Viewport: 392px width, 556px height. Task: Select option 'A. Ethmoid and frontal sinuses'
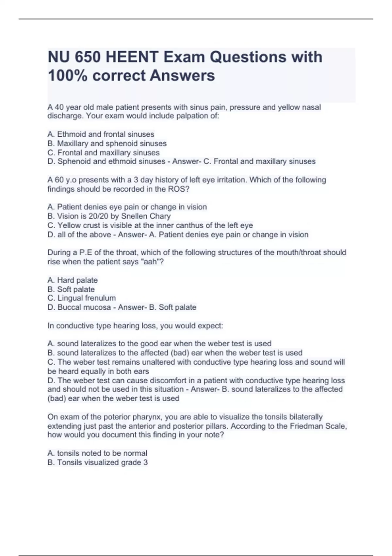(x=101, y=134)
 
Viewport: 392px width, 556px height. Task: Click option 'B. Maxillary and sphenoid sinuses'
(x=107, y=143)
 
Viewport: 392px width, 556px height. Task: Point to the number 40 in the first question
(x=59, y=107)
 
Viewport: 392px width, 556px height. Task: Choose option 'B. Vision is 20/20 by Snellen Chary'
(x=109, y=216)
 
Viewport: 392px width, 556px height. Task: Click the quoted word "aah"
(x=150, y=262)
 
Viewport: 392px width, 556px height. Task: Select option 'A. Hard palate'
(x=73, y=280)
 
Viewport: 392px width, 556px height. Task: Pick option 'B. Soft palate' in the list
(x=71, y=289)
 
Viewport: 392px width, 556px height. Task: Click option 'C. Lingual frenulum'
(x=81, y=298)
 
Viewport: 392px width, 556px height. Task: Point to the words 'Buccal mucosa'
(x=84, y=307)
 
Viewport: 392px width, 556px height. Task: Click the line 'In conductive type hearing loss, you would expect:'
(x=135, y=326)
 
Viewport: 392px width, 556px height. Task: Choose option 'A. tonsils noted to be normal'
(x=97, y=453)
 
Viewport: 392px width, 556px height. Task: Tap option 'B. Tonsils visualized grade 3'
(x=97, y=462)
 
